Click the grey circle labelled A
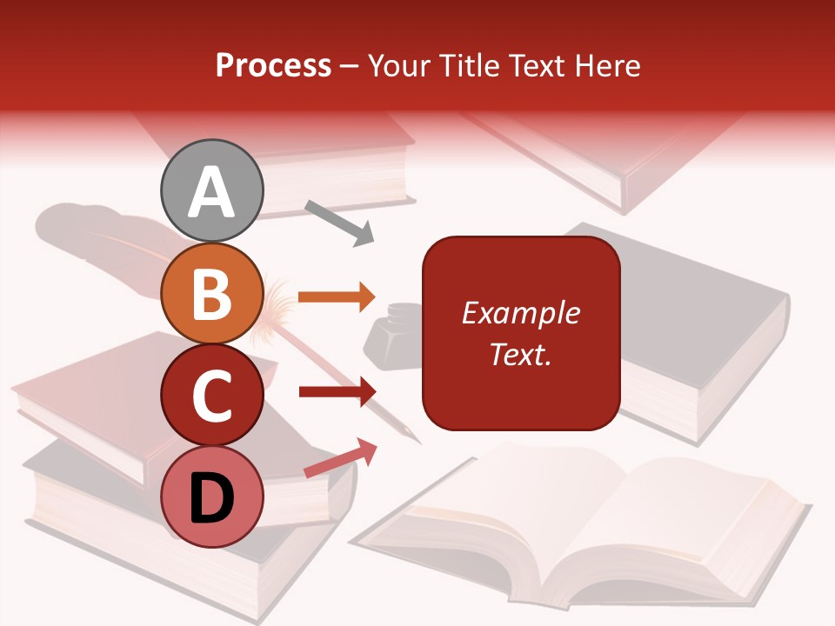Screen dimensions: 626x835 [212, 190]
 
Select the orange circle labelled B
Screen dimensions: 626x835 [212, 293]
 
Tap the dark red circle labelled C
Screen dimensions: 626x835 [212, 395]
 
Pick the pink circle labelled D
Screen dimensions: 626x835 [212, 496]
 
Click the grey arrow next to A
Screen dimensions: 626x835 [338, 222]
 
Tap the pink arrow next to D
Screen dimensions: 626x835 [340, 459]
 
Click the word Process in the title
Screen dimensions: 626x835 [273, 66]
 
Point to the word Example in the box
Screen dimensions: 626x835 [520, 313]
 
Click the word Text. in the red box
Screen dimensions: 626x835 [520, 355]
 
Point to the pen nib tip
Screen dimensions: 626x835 [416, 439]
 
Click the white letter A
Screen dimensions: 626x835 [212, 192]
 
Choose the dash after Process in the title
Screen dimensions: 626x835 [350, 67]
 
